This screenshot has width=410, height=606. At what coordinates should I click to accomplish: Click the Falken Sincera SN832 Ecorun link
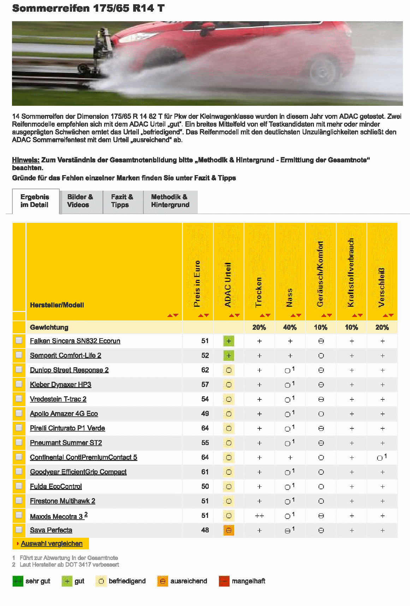point(75,341)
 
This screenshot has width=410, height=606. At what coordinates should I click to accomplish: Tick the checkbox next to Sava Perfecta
point(19,530)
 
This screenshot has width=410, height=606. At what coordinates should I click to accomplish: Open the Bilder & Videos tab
point(80,201)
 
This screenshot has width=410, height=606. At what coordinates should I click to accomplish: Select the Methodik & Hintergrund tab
point(170,201)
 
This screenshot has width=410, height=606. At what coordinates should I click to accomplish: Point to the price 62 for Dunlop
point(205,370)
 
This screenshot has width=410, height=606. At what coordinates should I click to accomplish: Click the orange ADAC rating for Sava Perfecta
point(229,530)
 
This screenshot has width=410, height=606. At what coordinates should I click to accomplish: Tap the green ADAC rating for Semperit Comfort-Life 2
point(229,356)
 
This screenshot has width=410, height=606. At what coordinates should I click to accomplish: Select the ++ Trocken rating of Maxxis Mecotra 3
point(260,516)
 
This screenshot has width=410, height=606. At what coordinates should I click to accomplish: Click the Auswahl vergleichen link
point(52,544)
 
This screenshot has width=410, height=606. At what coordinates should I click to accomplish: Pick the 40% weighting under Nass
point(290,328)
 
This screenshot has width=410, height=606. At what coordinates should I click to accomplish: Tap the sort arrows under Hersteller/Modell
point(173,315)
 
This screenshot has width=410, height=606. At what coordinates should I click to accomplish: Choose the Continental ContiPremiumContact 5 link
point(83,457)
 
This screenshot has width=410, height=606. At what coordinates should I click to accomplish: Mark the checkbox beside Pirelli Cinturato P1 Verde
point(19,428)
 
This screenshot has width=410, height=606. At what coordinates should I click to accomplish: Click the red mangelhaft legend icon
point(224,581)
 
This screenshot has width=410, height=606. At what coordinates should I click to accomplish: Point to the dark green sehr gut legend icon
point(18,581)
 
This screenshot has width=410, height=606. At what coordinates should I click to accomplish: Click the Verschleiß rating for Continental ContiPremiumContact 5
point(382,457)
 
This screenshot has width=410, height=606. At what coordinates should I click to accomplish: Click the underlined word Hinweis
point(26,160)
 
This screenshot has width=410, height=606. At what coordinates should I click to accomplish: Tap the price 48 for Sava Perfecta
point(205,530)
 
